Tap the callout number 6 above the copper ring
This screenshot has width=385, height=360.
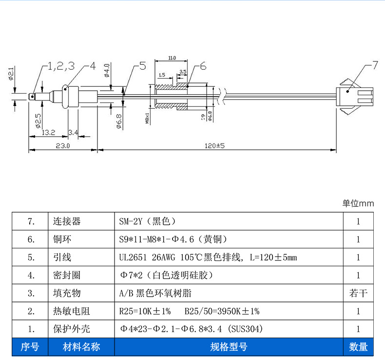(x=203, y=66)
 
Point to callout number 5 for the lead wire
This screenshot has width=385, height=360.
(x=142, y=66)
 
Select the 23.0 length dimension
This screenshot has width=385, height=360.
(x=62, y=145)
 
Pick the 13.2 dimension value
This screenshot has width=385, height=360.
(x=48, y=132)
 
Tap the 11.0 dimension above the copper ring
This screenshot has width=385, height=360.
(x=172, y=58)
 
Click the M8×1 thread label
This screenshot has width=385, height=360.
(x=147, y=118)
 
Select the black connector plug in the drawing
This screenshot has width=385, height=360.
(x=357, y=98)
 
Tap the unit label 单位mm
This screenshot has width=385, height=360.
(x=358, y=203)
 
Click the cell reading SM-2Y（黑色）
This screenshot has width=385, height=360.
(x=147, y=221)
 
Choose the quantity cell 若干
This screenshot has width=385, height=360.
(x=358, y=293)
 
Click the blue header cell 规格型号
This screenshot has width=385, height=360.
(x=229, y=347)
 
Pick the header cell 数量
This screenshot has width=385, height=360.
(x=358, y=347)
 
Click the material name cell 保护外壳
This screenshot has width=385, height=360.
(x=71, y=329)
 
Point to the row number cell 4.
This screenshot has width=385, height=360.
(x=31, y=275)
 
